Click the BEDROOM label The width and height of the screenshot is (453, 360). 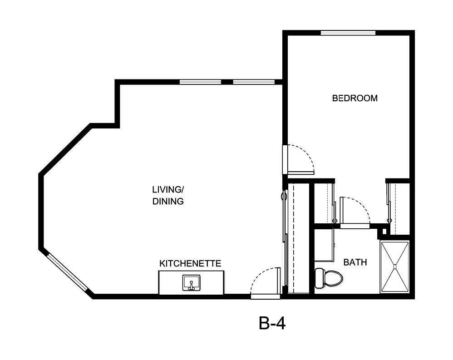click(x=355, y=98)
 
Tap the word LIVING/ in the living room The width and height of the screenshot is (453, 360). click(x=168, y=189)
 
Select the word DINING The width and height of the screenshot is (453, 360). click(x=168, y=201)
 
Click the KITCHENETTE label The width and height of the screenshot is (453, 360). click(x=190, y=263)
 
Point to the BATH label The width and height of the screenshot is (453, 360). click(x=355, y=262)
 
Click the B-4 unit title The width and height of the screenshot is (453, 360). click(x=272, y=323)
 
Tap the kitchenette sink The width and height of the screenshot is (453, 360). click(x=192, y=283)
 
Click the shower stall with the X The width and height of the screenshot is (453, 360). click(x=394, y=267)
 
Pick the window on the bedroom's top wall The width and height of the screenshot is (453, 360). click(x=348, y=33)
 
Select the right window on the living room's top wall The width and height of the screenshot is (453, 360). click(x=254, y=82)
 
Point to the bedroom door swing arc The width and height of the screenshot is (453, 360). click(x=300, y=159)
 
